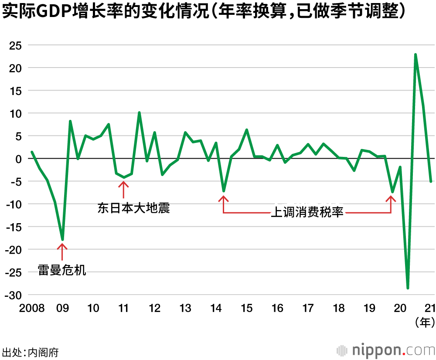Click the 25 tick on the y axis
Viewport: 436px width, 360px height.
[x=14, y=45]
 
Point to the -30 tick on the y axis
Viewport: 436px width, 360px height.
[x=13, y=295]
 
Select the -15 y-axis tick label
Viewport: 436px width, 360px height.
[x=13, y=227]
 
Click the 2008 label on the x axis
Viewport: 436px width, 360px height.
[x=31, y=309]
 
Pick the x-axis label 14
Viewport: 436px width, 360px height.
[x=216, y=309]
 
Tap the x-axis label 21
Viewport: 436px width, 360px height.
[x=430, y=309]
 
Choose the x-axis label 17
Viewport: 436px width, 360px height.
[x=308, y=309]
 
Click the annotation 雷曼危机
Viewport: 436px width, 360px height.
[x=62, y=270]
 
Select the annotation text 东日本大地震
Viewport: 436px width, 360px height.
[x=133, y=208]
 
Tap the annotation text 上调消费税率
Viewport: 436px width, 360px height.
[x=307, y=213]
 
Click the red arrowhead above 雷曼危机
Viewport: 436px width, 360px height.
[x=62, y=246]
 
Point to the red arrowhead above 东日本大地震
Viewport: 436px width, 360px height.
[x=124, y=183]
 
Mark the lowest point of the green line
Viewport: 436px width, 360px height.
[x=408, y=288]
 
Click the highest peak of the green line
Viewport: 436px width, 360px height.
[x=416, y=54]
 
